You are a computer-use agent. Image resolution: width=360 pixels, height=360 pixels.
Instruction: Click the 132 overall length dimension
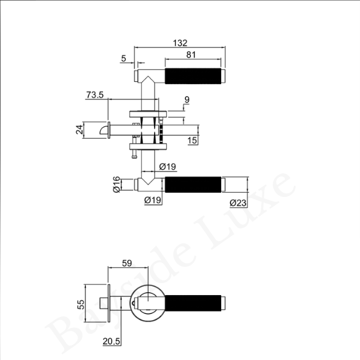180,43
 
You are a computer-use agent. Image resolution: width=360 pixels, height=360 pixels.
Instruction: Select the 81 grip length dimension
191,55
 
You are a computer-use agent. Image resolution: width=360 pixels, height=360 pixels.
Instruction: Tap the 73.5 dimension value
95,95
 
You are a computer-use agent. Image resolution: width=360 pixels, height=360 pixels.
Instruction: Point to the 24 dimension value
79,130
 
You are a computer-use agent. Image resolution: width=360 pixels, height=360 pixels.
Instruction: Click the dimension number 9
187,99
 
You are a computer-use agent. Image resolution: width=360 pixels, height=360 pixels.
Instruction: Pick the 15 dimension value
192,141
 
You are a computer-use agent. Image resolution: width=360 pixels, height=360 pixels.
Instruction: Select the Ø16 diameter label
116,184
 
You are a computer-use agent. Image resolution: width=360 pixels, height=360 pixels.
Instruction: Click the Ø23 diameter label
238,203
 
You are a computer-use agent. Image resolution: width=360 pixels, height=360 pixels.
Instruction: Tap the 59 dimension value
127,263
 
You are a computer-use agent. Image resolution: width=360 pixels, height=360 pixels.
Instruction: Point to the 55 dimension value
81,304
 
